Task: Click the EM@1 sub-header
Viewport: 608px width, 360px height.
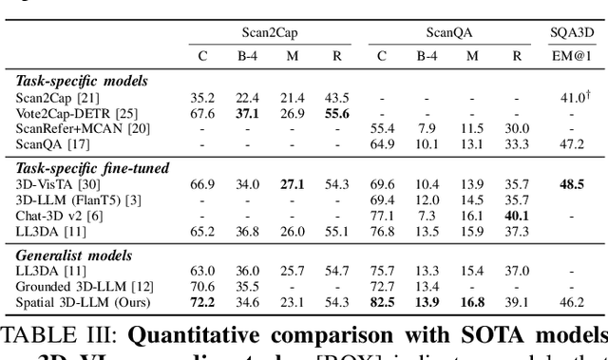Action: pos(572,55)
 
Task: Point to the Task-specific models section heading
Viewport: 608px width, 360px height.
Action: pos(82,82)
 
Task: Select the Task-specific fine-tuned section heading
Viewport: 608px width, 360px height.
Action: pos(93,168)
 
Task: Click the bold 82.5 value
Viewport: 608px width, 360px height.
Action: pos(382,301)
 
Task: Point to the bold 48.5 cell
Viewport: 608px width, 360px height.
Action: pos(573,183)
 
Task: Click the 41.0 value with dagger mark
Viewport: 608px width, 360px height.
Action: pos(573,98)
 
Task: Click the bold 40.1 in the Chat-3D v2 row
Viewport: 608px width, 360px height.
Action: pos(517,215)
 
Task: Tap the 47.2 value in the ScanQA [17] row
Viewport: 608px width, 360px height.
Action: pos(573,143)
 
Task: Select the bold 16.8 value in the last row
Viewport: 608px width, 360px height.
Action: pos(472,301)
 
